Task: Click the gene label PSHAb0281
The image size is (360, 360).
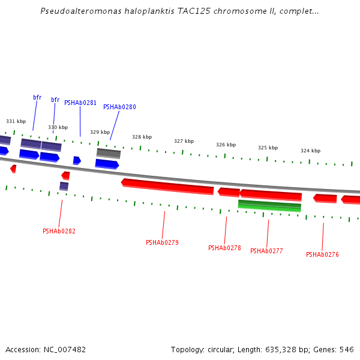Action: [x=80, y=103]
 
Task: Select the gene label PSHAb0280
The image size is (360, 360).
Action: [x=119, y=107]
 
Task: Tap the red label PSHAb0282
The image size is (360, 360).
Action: [x=59, y=231]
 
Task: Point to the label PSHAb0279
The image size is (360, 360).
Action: [x=162, y=242]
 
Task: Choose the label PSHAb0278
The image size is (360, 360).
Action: [x=224, y=248]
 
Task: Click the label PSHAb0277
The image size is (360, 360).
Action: [x=266, y=251]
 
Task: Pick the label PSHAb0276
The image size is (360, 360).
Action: [x=322, y=254]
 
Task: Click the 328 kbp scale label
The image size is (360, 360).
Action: [x=142, y=137]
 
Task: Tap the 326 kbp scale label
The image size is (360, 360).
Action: [x=226, y=145]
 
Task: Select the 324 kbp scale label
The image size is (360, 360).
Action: [x=310, y=151]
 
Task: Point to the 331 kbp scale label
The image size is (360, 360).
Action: [x=16, y=121]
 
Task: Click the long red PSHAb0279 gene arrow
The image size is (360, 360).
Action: [x=168, y=187]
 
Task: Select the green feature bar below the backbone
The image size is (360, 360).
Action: [x=269, y=206]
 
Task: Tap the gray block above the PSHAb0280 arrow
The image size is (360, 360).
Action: [x=109, y=153]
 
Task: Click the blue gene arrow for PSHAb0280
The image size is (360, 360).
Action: [x=107, y=163]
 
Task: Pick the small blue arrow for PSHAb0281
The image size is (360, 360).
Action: [x=77, y=160]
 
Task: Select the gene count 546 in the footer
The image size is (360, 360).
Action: [x=347, y=349]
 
